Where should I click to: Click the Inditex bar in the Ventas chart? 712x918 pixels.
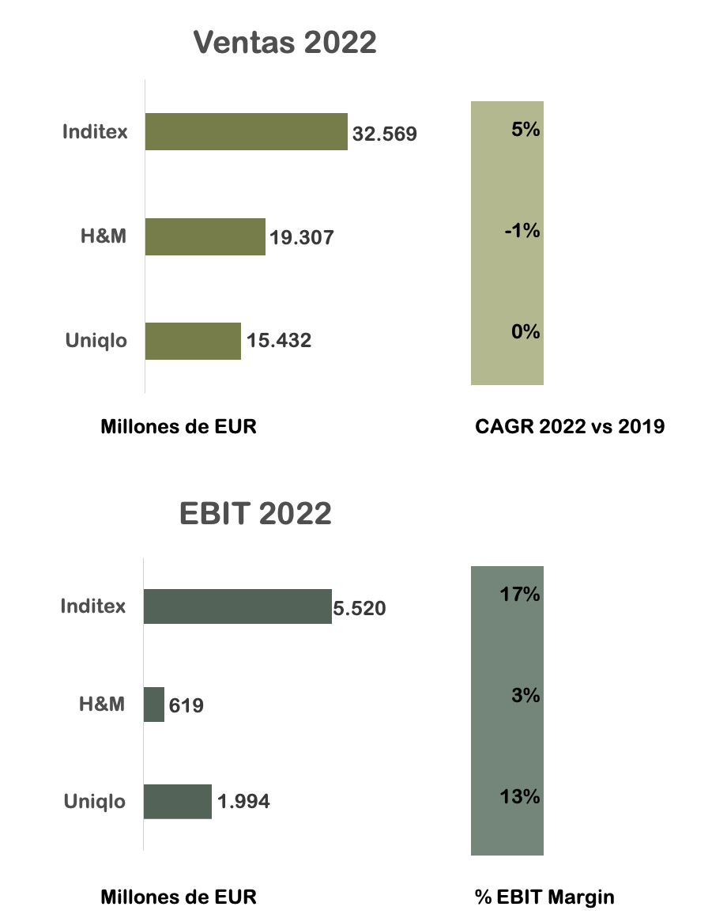tap(246, 131)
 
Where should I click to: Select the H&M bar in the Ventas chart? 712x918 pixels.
tap(205, 236)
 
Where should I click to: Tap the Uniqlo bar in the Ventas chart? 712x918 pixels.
tap(193, 341)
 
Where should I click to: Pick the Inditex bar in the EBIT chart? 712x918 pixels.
tap(237, 606)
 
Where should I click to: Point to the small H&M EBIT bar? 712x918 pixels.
tap(154, 704)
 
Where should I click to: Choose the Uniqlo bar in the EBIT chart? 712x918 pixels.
tap(178, 801)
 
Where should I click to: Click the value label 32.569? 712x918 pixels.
tap(385, 134)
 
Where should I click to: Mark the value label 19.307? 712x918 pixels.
tap(302, 237)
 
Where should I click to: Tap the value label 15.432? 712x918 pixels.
tap(279, 341)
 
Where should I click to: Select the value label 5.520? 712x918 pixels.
tap(359, 609)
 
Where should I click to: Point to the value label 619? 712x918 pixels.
tap(186, 705)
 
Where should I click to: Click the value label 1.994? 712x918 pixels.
tap(243, 802)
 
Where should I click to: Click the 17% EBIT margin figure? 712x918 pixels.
tap(520, 595)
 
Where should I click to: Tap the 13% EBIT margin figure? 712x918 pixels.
tap(520, 796)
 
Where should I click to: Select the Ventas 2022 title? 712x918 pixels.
tap(285, 43)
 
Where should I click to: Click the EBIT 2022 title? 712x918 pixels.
tap(255, 514)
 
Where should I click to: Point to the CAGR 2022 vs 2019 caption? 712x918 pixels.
tap(570, 427)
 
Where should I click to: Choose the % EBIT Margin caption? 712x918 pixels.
tap(544, 897)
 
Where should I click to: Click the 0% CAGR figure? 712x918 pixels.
tap(526, 331)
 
